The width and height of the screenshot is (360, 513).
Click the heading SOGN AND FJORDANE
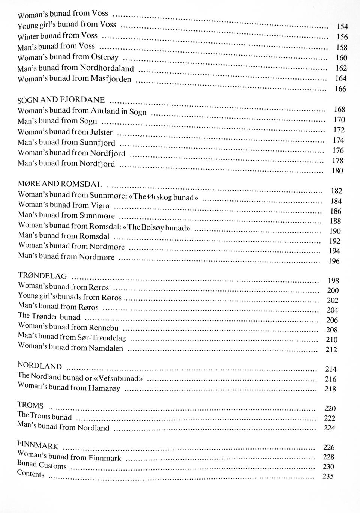[61, 100]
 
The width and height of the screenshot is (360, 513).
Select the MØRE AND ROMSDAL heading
[60, 184]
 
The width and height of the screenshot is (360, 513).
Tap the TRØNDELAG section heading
[42, 276]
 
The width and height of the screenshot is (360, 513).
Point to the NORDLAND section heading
[40, 366]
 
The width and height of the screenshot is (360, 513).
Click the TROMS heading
[30, 405]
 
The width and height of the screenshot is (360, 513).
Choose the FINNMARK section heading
[37, 445]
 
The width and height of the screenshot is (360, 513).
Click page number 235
[328, 477]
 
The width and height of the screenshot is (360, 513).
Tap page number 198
[333, 281]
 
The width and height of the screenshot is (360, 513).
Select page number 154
[342, 27]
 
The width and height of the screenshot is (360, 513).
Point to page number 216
[330, 379]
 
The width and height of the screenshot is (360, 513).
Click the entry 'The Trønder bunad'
[49, 317]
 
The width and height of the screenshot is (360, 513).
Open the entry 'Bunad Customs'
[42, 465]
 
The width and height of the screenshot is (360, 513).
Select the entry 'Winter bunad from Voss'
[57, 36]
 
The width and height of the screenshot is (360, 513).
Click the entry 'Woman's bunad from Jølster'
[65, 132]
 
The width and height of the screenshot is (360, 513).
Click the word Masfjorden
[111, 79]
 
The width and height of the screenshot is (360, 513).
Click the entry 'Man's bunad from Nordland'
[63, 427]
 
